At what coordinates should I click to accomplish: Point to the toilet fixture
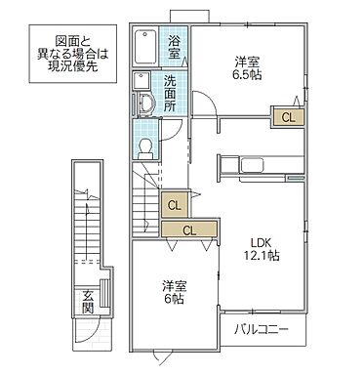point(143,146)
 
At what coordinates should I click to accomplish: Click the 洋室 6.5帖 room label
point(247,68)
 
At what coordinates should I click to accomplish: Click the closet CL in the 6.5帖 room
point(287,116)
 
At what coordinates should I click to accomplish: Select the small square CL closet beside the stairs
point(174,205)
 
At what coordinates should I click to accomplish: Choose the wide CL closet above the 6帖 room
point(188,230)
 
